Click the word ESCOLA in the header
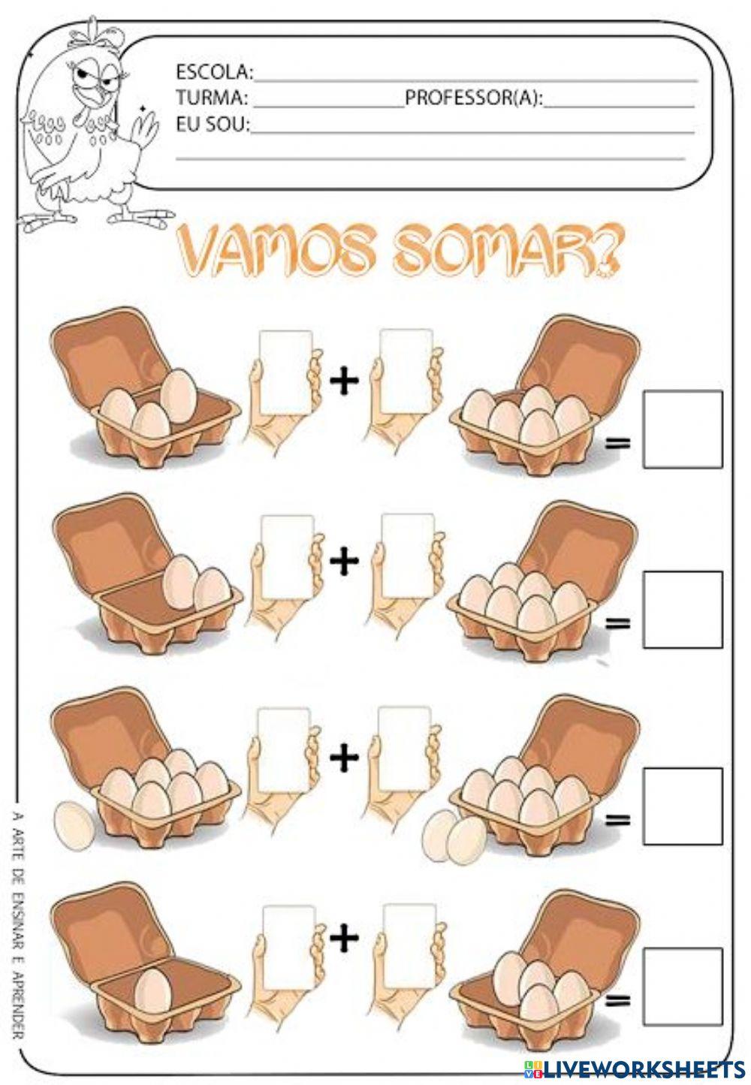213,72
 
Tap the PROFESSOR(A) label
474,98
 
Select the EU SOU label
213,124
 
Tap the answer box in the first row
682,429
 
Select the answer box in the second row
682,610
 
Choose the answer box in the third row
682,806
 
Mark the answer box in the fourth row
682,986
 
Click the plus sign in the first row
345,381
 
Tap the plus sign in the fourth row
345,936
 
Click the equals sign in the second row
617,622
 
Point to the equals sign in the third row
617,820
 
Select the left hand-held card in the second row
287,556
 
